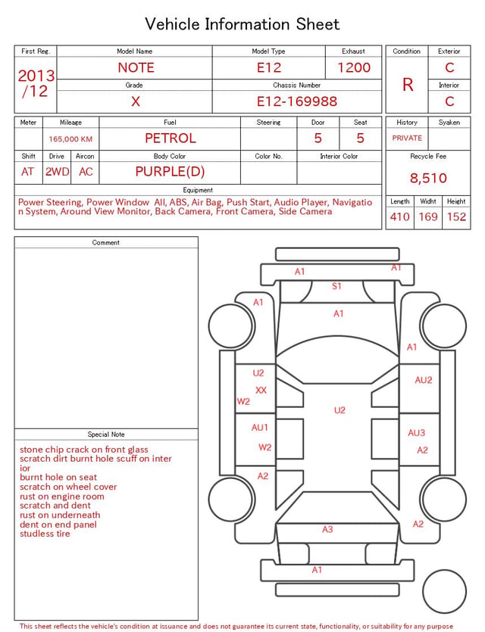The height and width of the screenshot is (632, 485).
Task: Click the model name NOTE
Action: click(x=136, y=67)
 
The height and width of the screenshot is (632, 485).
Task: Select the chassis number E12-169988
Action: click(x=297, y=101)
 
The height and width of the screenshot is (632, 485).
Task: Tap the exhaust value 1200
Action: click(x=354, y=67)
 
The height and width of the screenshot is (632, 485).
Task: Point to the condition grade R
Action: click(x=408, y=85)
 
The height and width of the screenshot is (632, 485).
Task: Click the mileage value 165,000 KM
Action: click(x=70, y=139)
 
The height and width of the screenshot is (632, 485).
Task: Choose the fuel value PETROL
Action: click(x=171, y=139)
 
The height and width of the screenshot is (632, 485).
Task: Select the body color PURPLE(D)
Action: click(x=170, y=172)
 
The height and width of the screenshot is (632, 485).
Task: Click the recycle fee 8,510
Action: click(x=428, y=178)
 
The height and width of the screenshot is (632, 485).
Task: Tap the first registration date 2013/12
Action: click(x=36, y=83)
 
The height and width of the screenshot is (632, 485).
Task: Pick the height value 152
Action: click(x=456, y=216)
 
